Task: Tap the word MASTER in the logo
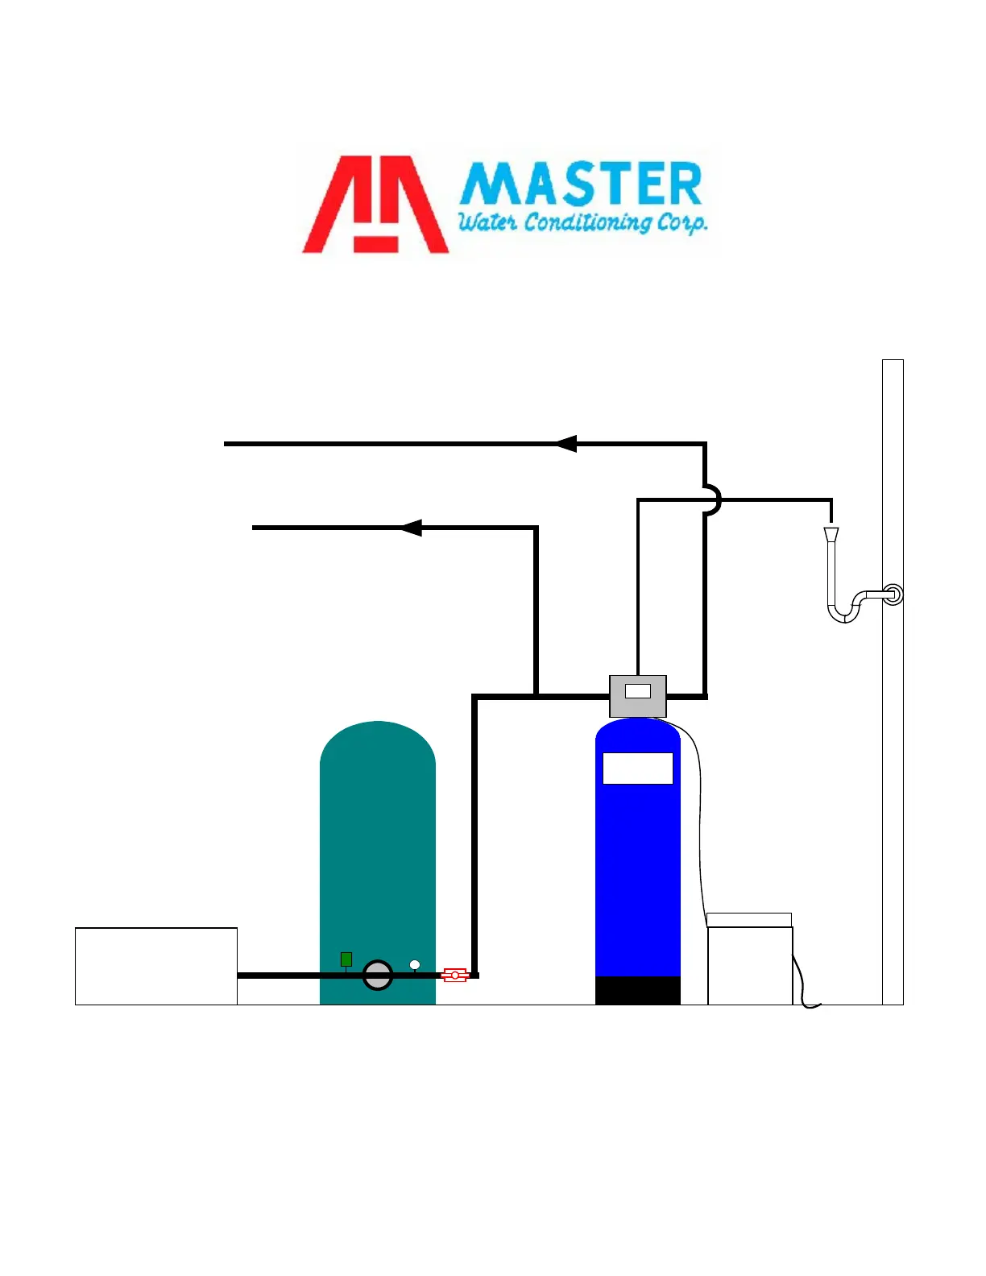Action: tap(581, 184)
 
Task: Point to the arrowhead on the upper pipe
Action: tap(566, 444)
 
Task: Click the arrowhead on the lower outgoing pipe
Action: tap(411, 528)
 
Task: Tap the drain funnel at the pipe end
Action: tap(831, 534)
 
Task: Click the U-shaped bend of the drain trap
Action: tap(844, 612)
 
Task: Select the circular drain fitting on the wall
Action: tap(893, 595)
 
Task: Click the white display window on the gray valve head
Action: tap(638, 691)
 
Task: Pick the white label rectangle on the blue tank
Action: tap(638, 768)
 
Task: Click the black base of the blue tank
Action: tap(638, 990)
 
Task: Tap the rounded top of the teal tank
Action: tap(378, 745)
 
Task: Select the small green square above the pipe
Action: tap(346, 959)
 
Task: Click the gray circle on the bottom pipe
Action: tap(378, 976)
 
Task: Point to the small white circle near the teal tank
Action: tap(415, 964)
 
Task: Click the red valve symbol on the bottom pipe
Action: tap(455, 976)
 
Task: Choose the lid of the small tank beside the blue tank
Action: tap(749, 920)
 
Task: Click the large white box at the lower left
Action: tap(156, 966)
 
